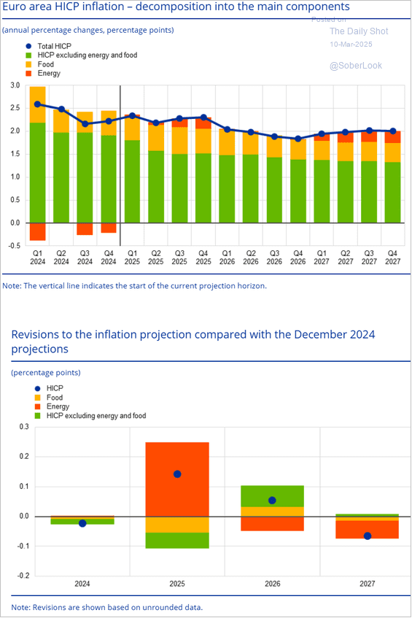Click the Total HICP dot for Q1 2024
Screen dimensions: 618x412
(x=37, y=104)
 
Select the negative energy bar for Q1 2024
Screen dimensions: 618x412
(x=37, y=231)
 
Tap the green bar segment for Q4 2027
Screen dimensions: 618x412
(x=392, y=193)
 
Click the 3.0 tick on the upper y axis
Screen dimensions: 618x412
(x=15, y=85)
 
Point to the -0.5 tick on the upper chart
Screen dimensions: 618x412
(x=14, y=246)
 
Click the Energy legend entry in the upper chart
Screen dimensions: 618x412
(x=48, y=74)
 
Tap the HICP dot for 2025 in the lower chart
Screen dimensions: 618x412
(x=177, y=474)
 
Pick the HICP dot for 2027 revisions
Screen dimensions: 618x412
(x=368, y=536)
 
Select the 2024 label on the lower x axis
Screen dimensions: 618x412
(x=82, y=584)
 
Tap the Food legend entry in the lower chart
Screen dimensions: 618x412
(x=54, y=398)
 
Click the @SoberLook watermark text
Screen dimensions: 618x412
(x=355, y=66)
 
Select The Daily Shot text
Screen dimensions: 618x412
(x=359, y=31)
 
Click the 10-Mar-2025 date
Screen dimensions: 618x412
(x=351, y=45)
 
